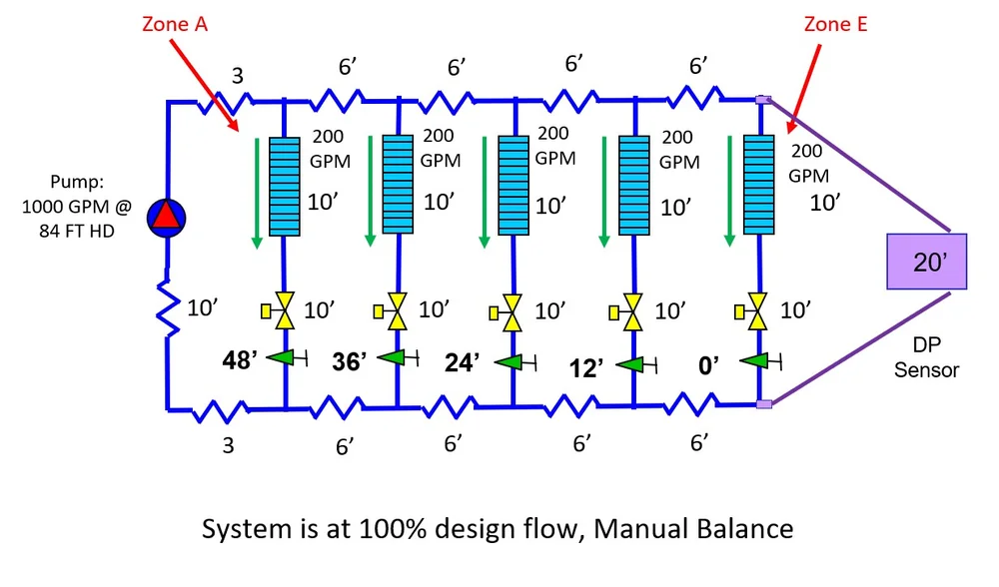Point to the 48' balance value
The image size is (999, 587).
pos(241,359)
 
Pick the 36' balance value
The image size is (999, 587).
pos(352,359)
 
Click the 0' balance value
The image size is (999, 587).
pos(710,365)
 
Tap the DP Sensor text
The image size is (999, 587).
pos(926,358)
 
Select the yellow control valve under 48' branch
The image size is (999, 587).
pos(284,311)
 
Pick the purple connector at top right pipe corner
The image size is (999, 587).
pos(763,99)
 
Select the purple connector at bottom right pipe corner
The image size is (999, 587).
pos(763,404)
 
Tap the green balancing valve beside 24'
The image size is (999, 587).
pos(512,361)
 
